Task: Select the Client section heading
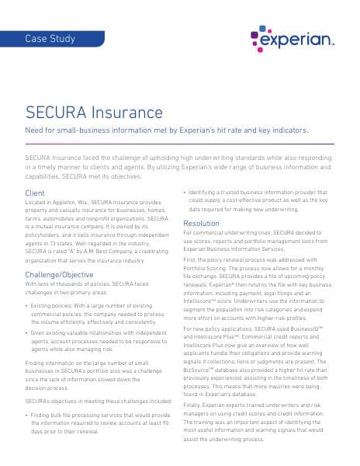35,193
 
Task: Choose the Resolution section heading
201,224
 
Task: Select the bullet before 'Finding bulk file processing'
27,416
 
